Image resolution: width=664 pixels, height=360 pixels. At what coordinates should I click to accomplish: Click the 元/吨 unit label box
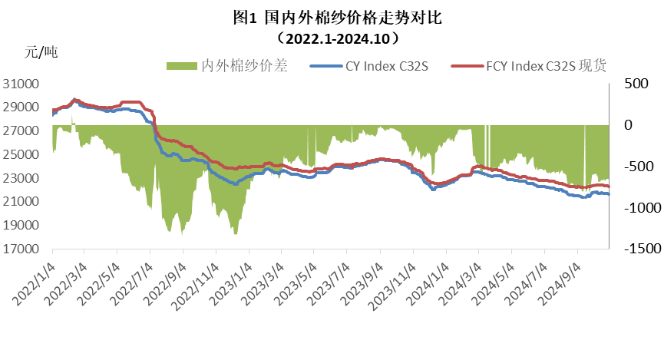tap(66, 53)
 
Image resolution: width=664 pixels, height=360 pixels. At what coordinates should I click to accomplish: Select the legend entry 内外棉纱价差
tap(244, 67)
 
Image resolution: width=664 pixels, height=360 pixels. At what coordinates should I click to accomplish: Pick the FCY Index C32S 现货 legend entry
tap(546, 67)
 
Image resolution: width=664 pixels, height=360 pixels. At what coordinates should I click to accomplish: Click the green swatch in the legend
tap(181, 67)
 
